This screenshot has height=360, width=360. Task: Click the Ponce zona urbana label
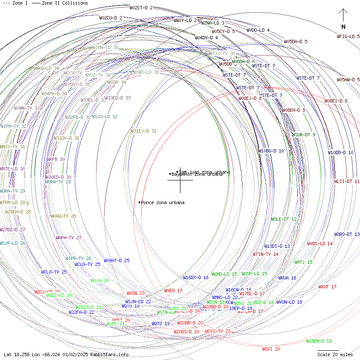pyautogui.click(x=163, y=203)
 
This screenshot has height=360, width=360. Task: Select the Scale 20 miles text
pyautogui.click(x=335, y=354)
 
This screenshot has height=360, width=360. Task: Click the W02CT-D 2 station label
pyautogui.click(x=141, y=8)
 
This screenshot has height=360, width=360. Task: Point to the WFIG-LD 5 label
pyautogui.click(x=348, y=36)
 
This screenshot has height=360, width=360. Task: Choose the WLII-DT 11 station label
pyautogui.click(x=346, y=181)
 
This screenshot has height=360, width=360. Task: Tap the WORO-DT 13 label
pyautogui.click(x=346, y=234)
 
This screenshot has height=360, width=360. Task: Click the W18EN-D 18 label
pyautogui.click(x=319, y=341)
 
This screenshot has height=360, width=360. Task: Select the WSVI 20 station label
pyautogui.click(x=271, y=349)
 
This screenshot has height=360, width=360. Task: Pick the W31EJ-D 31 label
pyautogui.click(x=143, y=131)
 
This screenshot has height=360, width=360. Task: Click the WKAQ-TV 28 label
pyautogui.click(x=63, y=216)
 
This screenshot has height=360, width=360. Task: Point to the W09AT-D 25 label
pyautogui.click(x=116, y=260)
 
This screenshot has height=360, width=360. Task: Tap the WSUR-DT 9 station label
pyautogui.click(x=303, y=135)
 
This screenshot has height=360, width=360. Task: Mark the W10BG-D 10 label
pyautogui.click(x=271, y=151)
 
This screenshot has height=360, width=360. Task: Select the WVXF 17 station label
pyautogui.click(x=327, y=287)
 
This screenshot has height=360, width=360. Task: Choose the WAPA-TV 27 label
pyautogui.click(x=68, y=238)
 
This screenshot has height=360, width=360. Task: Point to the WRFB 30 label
pyautogui.click(x=55, y=159)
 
